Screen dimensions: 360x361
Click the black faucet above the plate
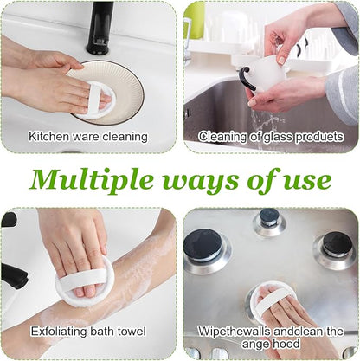[100, 28]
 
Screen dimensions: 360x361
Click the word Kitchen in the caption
[49, 136]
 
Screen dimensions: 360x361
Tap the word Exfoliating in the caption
[59, 331]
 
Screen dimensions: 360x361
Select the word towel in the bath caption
[132, 331]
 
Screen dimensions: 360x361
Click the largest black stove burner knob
[203, 245]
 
